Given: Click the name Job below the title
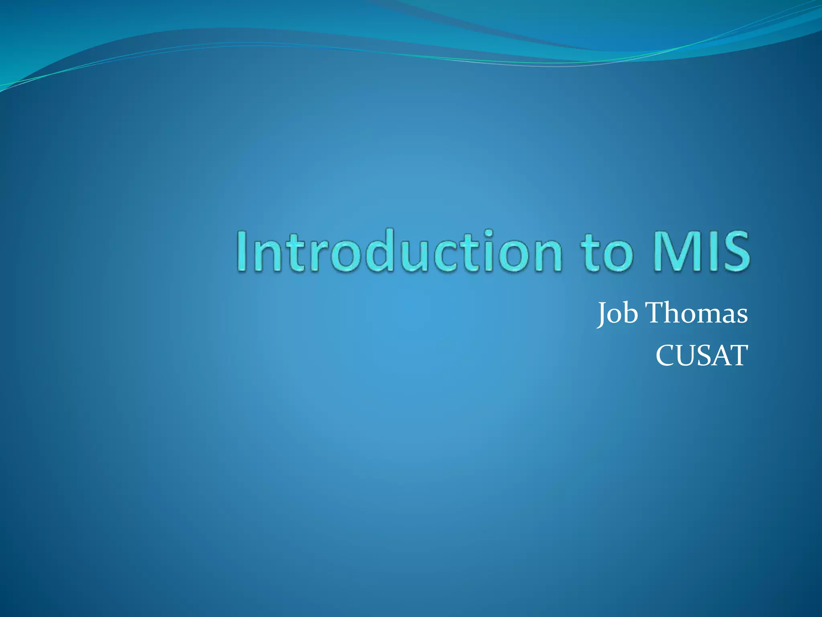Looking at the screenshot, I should [617, 313].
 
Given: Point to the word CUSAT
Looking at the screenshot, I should [702, 355].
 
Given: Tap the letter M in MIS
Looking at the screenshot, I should [674, 251].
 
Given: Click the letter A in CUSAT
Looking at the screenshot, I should [720, 355].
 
